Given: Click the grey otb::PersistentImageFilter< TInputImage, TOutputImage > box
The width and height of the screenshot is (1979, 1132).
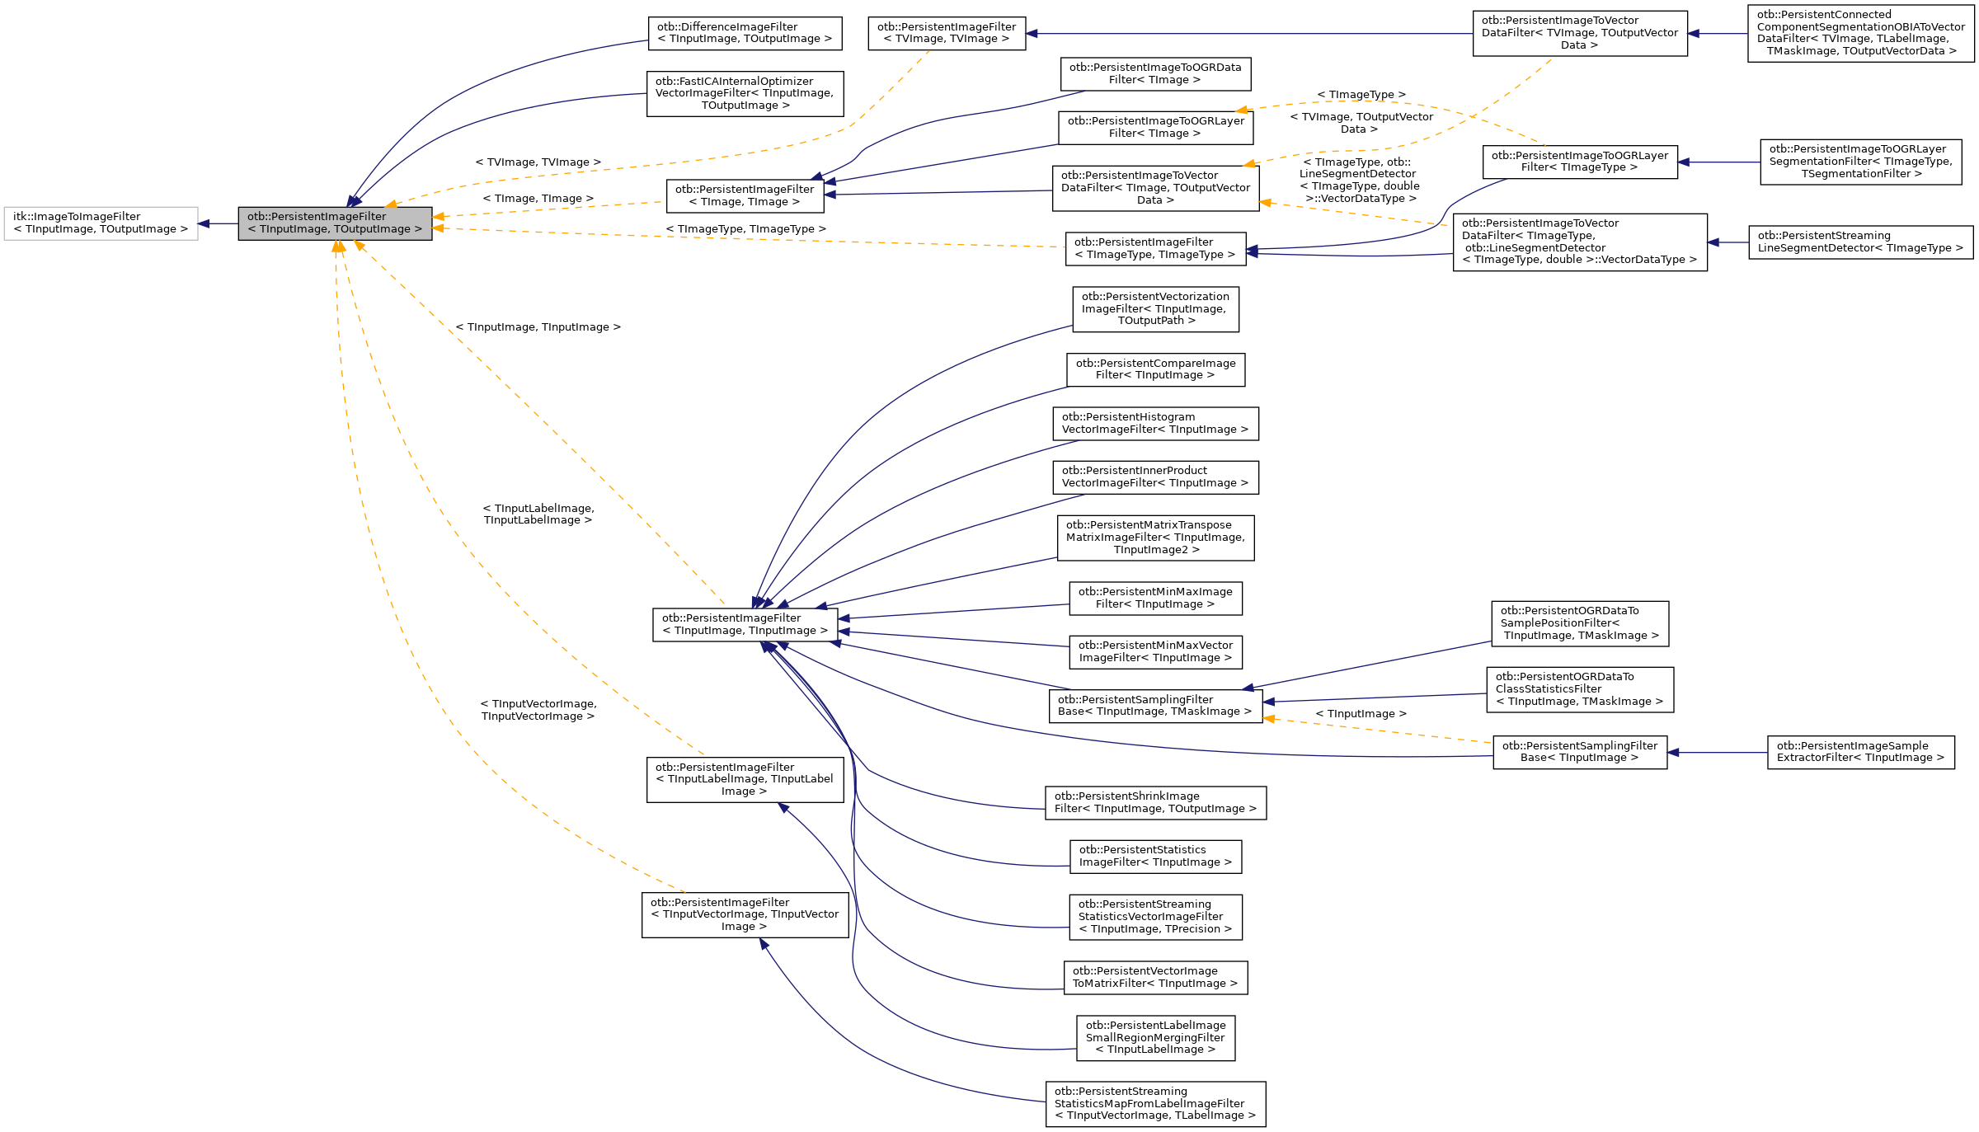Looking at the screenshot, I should tap(335, 223).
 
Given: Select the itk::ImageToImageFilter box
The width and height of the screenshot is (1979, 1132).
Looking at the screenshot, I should tap(101, 223).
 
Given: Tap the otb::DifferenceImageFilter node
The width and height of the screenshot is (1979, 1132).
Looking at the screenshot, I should tap(745, 33).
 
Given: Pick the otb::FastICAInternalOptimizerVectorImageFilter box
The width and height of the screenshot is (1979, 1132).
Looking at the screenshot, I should tap(745, 93).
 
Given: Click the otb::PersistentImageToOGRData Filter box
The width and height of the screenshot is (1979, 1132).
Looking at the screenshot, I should tap(1155, 74).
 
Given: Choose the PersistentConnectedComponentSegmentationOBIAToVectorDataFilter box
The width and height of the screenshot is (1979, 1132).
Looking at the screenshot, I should tap(1860, 33).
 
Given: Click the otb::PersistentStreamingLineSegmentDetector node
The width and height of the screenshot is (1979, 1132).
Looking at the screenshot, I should tap(1860, 242).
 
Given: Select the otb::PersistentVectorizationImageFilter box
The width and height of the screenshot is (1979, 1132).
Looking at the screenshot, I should tap(1155, 309).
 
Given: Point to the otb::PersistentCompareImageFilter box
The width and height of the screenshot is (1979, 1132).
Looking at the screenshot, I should tap(1155, 369).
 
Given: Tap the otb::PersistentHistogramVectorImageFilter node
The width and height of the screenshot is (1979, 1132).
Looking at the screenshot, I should tap(1155, 424).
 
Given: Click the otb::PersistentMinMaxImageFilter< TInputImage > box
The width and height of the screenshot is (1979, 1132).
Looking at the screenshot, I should tap(1155, 599).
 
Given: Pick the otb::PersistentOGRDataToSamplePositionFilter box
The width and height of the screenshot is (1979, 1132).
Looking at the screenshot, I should tap(1579, 623).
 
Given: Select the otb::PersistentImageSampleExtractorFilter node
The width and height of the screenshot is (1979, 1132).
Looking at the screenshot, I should tap(1860, 752).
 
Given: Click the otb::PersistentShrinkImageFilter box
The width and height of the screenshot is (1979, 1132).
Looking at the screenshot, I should tap(1155, 802).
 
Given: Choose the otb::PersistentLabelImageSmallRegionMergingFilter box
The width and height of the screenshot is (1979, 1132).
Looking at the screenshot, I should tap(1155, 1038).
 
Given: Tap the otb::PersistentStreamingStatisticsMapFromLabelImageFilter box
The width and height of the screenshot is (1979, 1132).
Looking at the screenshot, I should tap(1155, 1104).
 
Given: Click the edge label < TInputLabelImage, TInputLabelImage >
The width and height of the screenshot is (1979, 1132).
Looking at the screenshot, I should tap(538, 514).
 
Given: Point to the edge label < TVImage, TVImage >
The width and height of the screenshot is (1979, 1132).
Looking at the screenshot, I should tap(538, 162).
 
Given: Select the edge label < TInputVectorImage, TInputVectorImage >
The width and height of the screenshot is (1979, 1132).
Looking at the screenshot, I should tap(538, 710).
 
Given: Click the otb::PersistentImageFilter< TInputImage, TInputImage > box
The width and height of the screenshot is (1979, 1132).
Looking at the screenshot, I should tap(745, 624).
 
